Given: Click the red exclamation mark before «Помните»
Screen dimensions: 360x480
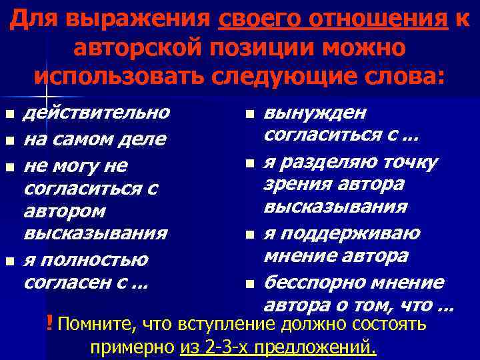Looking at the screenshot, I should click(x=51, y=324).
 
